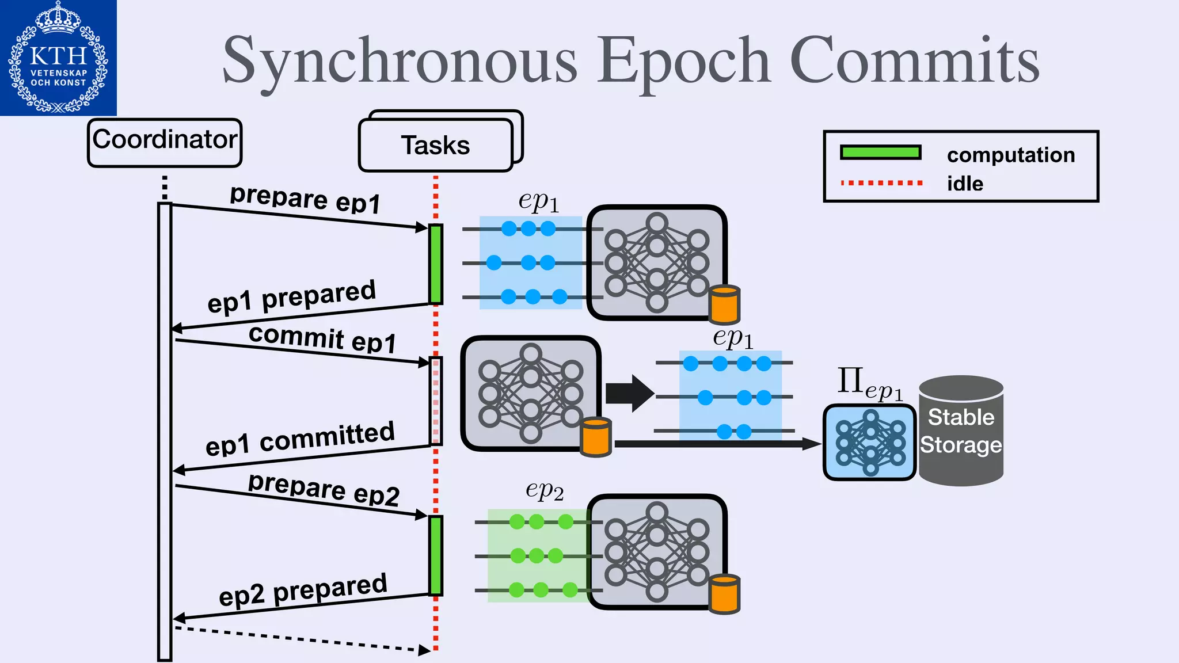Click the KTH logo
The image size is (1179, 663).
pyautogui.click(x=58, y=58)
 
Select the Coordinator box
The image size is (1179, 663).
pyautogui.click(x=165, y=143)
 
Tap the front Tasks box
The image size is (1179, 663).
pyautogui.click(x=435, y=146)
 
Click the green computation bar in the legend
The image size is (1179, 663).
pyautogui.click(x=880, y=153)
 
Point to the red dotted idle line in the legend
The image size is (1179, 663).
pyautogui.click(x=881, y=183)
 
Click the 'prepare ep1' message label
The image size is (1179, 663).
pyautogui.click(x=305, y=199)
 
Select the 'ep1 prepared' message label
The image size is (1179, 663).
pyautogui.click(x=291, y=297)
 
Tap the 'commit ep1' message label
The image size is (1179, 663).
pyautogui.click(x=322, y=338)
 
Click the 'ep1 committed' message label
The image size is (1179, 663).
pyautogui.click(x=300, y=439)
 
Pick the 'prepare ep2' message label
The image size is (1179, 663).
pyautogui.click(x=324, y=489)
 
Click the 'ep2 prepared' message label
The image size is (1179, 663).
pyautogui.click(x=303, y=590)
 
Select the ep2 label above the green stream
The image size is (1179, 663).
pyautogui.click(x=544, y=490)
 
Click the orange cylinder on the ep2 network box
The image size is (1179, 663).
pyautogui.click(x=724, y=594)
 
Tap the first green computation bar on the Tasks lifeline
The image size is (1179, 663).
pyautogui.click(x=436, y=264)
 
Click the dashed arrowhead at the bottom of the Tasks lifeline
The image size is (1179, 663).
pyautogui.click(x=425, y=650)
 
